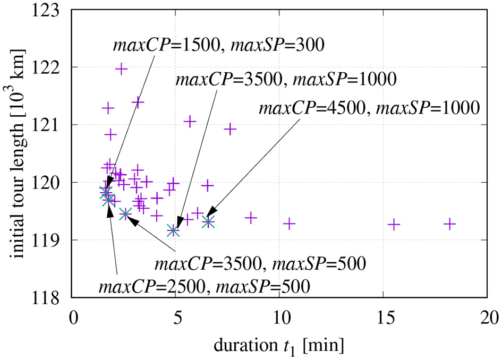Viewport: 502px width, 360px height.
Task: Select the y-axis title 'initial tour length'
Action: pyautogui.click(x=20, y=154)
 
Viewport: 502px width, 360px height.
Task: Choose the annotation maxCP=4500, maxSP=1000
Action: pyautogui.click(x=369, y=108)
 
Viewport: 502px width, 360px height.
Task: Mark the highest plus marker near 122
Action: pyautogui.click(x=122, y=68)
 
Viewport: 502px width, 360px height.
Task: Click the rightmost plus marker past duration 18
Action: pyautogui.click(x=450, y=224)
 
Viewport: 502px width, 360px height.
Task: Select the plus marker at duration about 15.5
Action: pyautogui.click(x=394, y=224)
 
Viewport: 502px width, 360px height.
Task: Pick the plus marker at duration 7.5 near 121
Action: pyautogui.click(x=230, y=129)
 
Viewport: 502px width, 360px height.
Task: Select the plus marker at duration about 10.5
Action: pyautogui.click(x=289, y=224)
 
